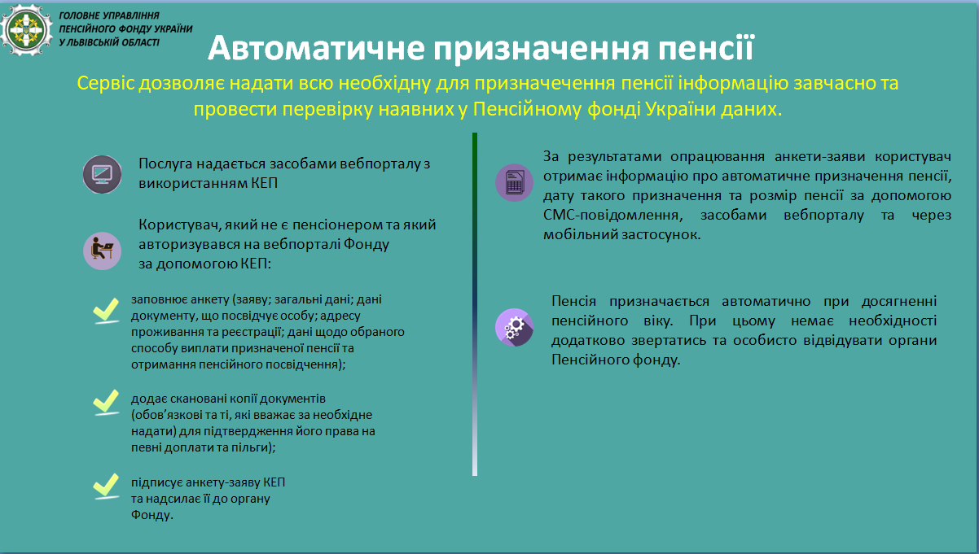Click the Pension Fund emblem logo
tap(26, 30)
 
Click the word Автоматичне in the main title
tap(316, 47)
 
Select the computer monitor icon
tap(103, 174)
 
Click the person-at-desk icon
tap(103, 251)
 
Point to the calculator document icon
tap(515, 182)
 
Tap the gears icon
tap(515, 327)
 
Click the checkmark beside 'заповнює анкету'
tap(106, 311)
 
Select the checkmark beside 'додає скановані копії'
tap(106, 402)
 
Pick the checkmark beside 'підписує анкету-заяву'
tap(106, 486)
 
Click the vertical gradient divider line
tap(475, 304)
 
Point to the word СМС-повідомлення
tap(613, 216)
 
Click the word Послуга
tap(165, 164)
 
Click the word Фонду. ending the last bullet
tap(152, 515)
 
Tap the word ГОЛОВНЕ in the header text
tap(80, 15)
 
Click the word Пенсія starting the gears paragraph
tap(574, 301)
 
